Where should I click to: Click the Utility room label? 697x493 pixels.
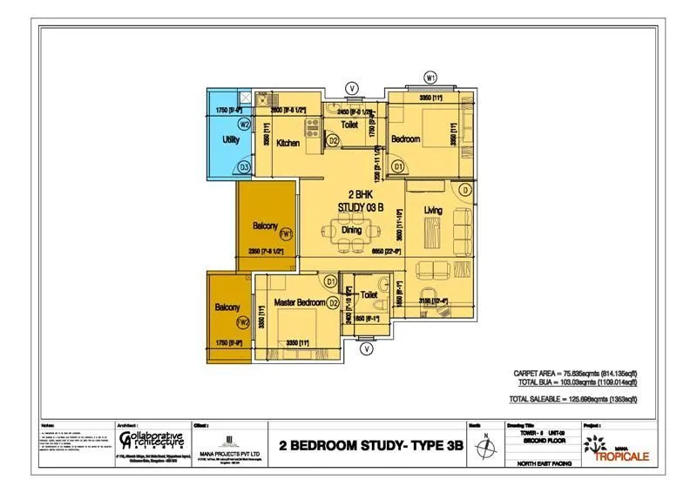click(231, 139)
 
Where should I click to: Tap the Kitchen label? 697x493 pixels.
click(288, 143)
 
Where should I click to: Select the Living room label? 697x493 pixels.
click(434, 211)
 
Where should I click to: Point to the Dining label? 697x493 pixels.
click(351, 230)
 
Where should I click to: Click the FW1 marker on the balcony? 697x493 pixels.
click(288, 233)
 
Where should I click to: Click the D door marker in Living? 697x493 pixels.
click(466, 190)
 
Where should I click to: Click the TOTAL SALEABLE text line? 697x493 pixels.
click(572, 398)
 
